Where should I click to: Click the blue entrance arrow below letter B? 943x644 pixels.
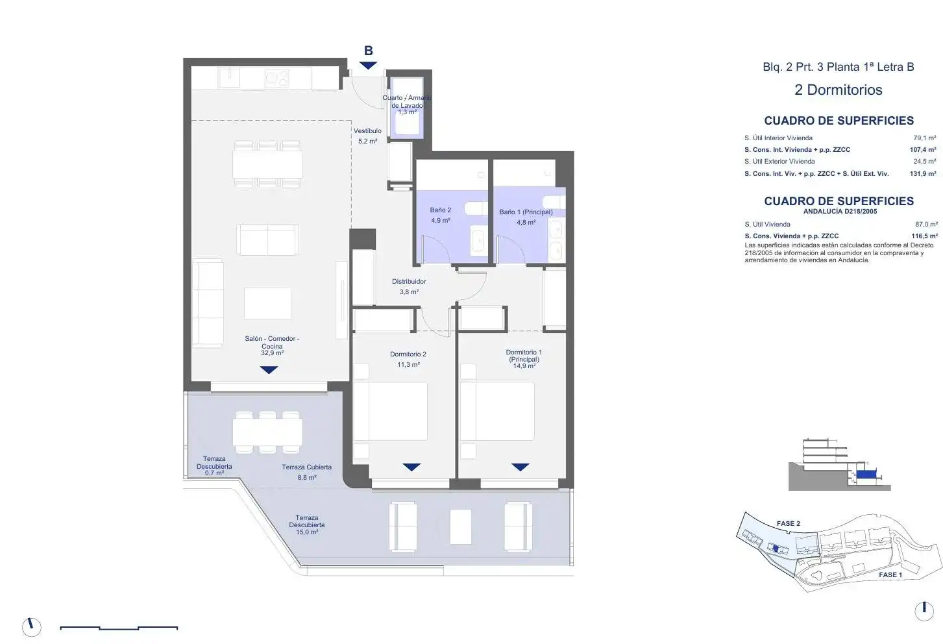(x=369, y=66)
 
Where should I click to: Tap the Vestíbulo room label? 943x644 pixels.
(x=367, y=131)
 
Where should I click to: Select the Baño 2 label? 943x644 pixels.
(x=440, y=210)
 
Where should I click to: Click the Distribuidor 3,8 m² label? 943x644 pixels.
(x=409, y=286)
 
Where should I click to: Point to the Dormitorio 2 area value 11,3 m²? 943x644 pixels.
(x=408, y=365)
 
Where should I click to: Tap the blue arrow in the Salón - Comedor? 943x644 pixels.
(x=269, y=370)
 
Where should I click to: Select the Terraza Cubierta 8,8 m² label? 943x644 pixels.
(x=306, y=472)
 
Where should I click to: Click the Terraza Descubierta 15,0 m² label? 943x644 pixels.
(x=306, y=525)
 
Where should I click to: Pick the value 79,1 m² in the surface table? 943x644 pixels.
(x=924, y=138)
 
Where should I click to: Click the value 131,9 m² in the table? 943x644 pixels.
(x=923, y=173)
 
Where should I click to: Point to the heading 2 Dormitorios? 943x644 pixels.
(x=838, y=90)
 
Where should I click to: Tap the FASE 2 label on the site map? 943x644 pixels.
(x=788, y=523)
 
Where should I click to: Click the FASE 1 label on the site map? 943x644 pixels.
(x=890, y=575)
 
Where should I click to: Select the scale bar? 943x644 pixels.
(x=119, y=628)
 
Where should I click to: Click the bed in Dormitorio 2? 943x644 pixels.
(x=390, y=412)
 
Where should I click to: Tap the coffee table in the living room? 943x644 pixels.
(x=267, y=303)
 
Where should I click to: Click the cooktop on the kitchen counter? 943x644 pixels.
(x=276, y=79)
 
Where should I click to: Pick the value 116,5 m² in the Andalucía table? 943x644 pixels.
(x=924, y=236)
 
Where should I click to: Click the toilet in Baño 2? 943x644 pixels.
(x=476, y=209)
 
